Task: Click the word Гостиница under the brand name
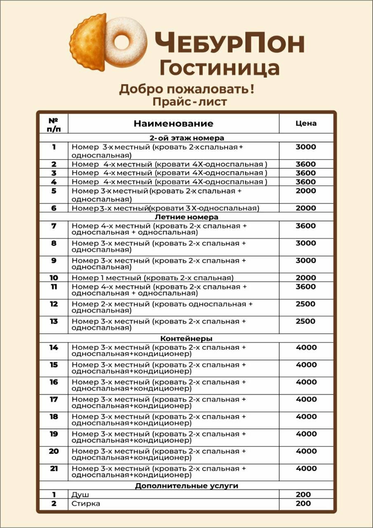[220, 67]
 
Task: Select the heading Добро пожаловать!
[186, 89]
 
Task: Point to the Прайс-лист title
[190, 101]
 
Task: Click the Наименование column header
[174, 123]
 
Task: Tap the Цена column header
[306, 123]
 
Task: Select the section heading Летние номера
[186, 217]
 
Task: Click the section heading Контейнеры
[186, 339]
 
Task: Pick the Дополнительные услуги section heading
[186, 486]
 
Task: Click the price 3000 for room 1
[306, 147]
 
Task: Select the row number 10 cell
[54, 278]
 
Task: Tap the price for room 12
[306, 304]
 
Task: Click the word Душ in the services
[80, 495]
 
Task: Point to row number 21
[54, 469]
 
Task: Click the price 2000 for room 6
[306, 208]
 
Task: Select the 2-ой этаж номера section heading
[186, 138]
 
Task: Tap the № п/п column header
[53, 124]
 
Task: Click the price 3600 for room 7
[306, 226]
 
